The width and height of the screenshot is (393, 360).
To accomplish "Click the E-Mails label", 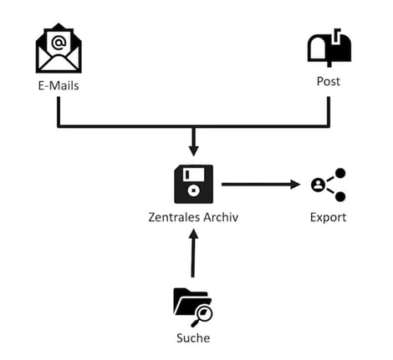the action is (x=59, y=86).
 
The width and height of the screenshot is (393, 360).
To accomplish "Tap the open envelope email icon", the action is (x=59, y=48).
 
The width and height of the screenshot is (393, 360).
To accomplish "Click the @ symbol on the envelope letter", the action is (x=59, y=43).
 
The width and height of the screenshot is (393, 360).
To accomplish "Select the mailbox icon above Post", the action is (x=329, y=48).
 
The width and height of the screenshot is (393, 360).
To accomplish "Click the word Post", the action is (x=329, y=81).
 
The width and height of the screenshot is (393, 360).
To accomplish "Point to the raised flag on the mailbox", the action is (x=336, y=35).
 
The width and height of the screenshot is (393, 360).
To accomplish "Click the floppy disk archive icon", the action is (x=193, y=184).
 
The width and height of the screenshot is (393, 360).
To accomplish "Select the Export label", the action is (x=328, y=217).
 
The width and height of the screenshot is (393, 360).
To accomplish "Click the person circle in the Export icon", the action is (x=318, y=185).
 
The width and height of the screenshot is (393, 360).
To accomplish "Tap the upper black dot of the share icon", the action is (x=340, y=173).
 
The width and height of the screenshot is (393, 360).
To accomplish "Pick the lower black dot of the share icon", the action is (x=340, y=196).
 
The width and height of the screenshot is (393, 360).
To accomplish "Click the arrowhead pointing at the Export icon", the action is (x=295, y=185).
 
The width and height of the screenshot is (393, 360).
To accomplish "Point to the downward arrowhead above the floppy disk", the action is (x=194, y=151).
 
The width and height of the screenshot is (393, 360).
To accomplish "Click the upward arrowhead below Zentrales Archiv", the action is (x=193, y=234).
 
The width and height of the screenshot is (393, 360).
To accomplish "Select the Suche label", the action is (x=193, y=338).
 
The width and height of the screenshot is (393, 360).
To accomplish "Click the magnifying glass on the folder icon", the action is (x=202, y=317).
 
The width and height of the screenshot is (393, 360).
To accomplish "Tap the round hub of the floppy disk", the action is (x=193, y=190).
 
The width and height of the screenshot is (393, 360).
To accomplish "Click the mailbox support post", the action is (x=329, y=64).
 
